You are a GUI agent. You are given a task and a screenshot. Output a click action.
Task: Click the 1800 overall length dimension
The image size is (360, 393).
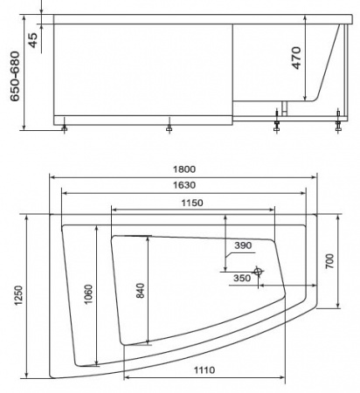pyautogui.click(x=184, y=169)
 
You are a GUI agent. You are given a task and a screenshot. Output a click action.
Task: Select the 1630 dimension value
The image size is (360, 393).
pyautogui.click(x=184, y=185)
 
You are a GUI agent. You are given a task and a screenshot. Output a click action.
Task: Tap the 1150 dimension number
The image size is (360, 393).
pyautogui.click(x=192, y=203)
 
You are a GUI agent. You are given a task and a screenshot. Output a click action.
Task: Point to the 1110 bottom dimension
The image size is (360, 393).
pyautogui.click(x=204, y=370)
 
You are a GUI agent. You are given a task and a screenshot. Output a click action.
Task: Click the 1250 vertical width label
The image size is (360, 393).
pyautogui.click(x=18, y=295)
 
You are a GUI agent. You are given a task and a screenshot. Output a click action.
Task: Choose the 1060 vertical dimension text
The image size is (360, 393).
pyautogui.click(x=88, y=294)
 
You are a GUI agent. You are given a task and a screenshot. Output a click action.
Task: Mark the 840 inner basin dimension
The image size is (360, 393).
pyautogui.click(x=141, y=291)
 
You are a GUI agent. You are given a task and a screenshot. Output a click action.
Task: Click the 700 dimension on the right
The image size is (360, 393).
pyautogui.click(x=329, y=261)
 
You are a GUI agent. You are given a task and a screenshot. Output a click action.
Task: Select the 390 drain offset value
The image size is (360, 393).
pyautogui.click(x=243, y=245)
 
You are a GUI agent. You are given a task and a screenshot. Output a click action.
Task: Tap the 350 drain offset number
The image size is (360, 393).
pyautogui.click(x=242, y=278)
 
